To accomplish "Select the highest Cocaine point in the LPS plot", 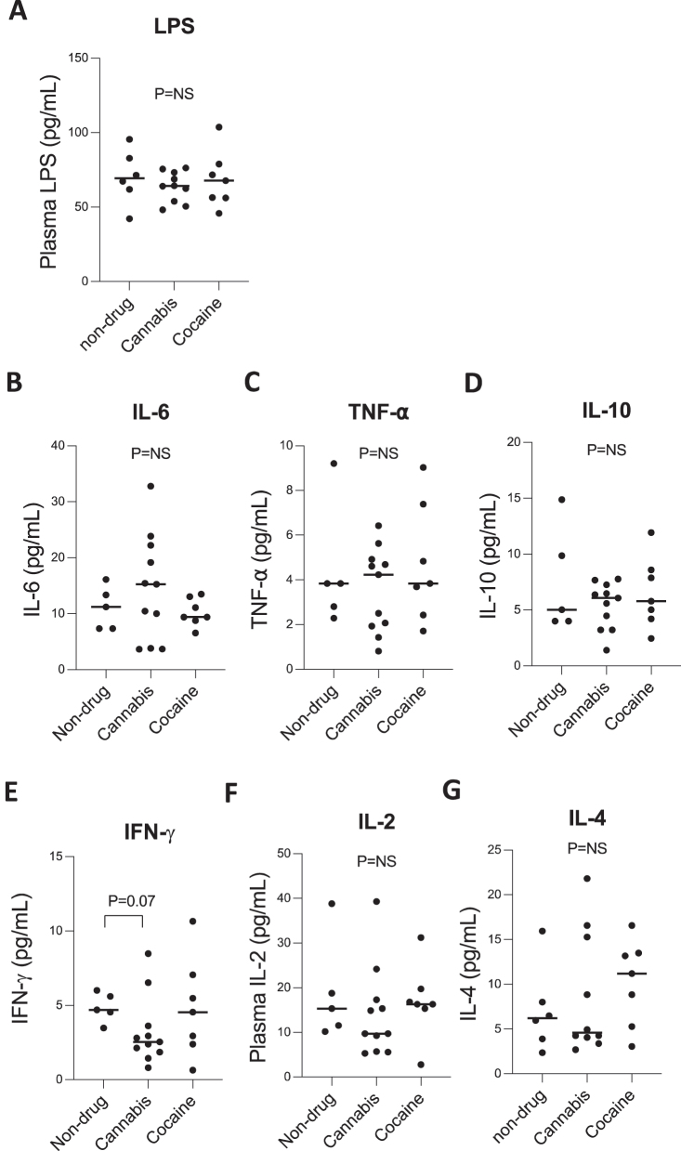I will coord(218,126).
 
